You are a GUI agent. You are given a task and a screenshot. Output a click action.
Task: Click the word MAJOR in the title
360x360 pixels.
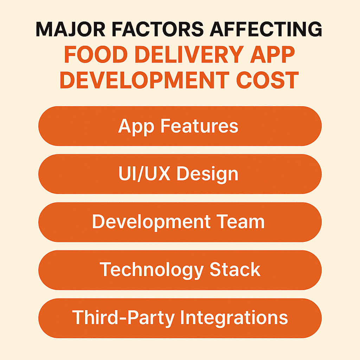[70, 29]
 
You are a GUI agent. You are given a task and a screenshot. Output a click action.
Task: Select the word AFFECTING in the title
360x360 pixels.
[266, 29]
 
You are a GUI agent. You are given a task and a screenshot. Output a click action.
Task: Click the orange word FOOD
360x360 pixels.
[96, 54]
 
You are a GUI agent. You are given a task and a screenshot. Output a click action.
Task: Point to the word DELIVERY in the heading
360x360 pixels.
[189, 54]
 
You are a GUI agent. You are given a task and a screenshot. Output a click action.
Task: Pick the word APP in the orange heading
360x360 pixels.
[272, 54]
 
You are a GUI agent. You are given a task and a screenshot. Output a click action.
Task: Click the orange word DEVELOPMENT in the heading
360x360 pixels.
[144, 80]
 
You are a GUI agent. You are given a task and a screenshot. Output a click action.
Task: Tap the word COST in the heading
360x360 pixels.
[268, 80]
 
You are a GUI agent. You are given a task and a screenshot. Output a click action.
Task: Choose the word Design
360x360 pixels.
[207, 174]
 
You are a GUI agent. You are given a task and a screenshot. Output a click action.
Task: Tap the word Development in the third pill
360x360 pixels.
[151, 222]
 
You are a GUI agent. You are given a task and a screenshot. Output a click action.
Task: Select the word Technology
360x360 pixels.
[152, 270]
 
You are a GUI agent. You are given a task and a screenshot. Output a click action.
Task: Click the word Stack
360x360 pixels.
[235, 269]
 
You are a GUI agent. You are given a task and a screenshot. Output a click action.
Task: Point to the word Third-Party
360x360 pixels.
[123, 318]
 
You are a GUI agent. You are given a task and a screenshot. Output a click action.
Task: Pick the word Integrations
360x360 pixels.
[234, 318]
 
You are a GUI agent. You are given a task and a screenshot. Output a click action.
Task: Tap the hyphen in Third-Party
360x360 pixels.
[123, 319]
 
